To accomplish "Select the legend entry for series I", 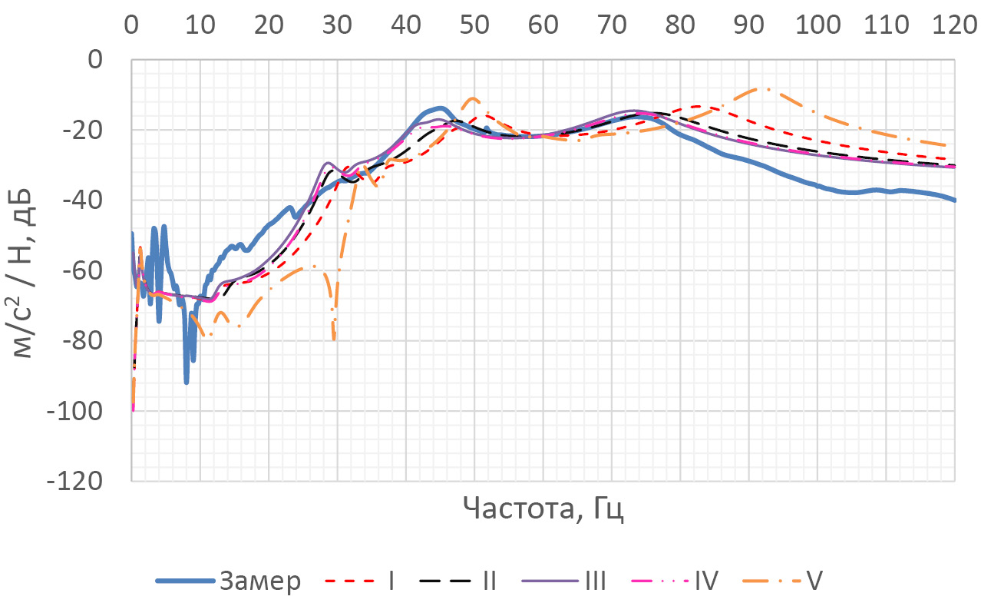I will (391, 581).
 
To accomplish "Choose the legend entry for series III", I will (595, 581).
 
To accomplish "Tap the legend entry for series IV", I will (705, 581).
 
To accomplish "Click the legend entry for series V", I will (814, 581).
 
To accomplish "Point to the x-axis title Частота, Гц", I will (543, 509).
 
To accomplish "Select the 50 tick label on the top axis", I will (474, 26).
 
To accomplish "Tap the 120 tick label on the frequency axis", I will (954, 26).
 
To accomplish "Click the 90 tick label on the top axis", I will (748, 26).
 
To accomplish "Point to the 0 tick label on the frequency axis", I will (132, 26).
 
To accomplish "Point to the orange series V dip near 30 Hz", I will (334, 338).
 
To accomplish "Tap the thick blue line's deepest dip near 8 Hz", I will (187, 382).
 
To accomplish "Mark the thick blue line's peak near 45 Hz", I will (440, 108).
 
